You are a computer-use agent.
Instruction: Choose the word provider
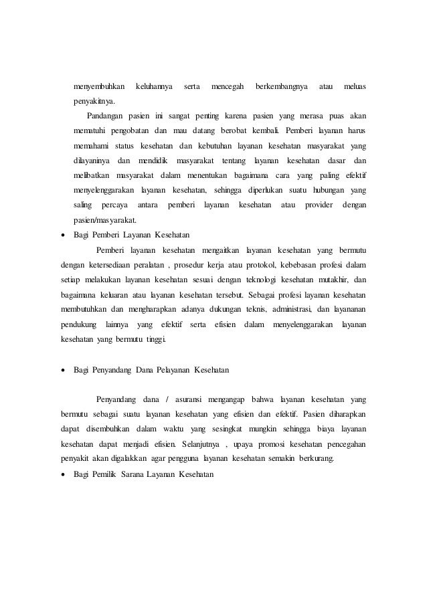[x=319, y=204]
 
